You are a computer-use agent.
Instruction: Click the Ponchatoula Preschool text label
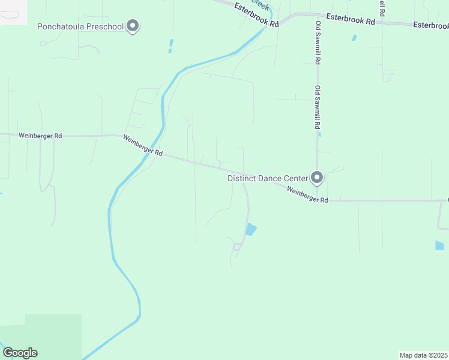pos(80,26)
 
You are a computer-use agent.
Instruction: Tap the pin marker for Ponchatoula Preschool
pos(134,26)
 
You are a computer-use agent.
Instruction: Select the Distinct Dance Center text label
pos(267,178)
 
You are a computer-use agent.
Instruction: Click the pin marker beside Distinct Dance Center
pos(317,178)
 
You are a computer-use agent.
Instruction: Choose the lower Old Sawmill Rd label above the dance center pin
pos(317,108)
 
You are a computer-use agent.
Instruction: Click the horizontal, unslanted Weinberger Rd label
pos(40,136)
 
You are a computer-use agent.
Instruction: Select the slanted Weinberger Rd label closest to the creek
pos(143,146)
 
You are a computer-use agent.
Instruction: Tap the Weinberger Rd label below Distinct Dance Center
pos(307,194)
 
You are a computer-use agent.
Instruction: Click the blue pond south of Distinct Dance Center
pos(251,229)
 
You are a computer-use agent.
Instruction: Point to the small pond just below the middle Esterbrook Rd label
pos(354,37)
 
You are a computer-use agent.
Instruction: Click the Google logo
pos(20,353)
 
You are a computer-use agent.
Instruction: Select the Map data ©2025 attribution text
pos(423,355)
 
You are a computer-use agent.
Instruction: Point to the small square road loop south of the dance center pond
pos(237,247)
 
